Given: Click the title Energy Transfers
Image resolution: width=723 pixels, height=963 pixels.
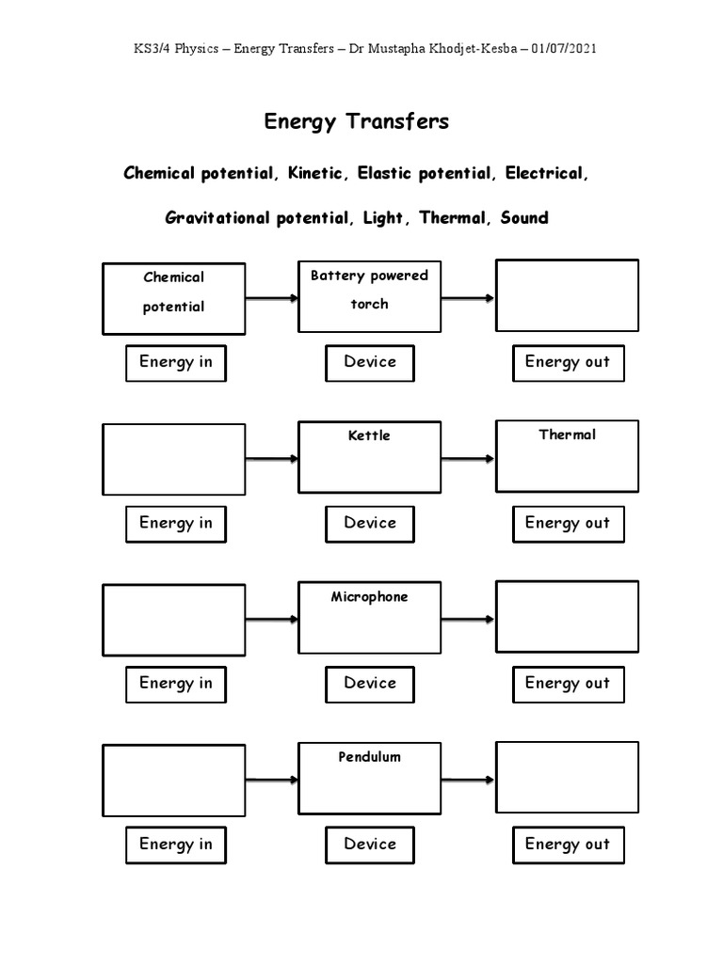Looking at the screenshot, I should click(356, 121).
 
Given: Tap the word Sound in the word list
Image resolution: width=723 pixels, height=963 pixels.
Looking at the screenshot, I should click(524, 218).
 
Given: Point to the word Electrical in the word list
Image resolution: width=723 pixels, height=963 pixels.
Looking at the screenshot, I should click(547, 174).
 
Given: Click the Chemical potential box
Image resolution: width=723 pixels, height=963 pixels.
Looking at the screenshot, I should click(173, 298).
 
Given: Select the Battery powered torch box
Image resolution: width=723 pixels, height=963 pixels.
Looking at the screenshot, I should click(369, 296).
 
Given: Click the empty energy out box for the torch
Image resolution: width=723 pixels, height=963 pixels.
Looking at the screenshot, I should click(567, 296).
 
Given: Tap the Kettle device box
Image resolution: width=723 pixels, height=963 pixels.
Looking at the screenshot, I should click(369, 457).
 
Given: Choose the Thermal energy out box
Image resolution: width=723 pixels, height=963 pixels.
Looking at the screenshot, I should click(567, 456).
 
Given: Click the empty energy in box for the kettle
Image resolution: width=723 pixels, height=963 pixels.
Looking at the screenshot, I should click(173, 459).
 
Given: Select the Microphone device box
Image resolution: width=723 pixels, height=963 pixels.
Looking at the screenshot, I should click(369, 618).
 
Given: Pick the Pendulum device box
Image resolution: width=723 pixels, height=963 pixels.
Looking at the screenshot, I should click(369, 779).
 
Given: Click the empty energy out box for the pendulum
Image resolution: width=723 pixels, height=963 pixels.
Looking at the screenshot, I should click(567, 777).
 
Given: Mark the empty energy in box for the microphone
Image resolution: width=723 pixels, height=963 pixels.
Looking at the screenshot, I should click(173, 620).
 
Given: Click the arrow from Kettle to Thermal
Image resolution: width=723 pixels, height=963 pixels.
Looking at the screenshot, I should click(468, 459).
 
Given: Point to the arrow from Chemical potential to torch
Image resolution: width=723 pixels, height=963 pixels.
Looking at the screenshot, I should click(272, 299).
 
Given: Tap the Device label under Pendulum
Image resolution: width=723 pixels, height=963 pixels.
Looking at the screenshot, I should click(370, 844).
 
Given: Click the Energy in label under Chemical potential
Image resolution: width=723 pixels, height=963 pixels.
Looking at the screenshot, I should click(176, 362).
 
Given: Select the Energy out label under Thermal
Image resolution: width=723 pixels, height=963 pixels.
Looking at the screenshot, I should click(568, 523).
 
